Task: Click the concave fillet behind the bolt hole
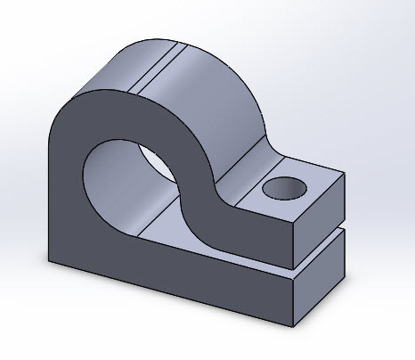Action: point(254,156)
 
